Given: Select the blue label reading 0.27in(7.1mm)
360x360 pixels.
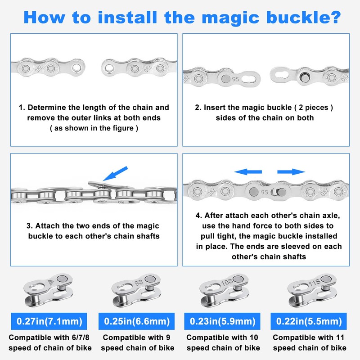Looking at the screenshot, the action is [x=49, y=321].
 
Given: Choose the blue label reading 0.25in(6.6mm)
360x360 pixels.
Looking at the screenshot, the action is [x=136, y=321].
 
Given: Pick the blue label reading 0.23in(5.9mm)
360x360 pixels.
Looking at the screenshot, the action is [x=222, y=321].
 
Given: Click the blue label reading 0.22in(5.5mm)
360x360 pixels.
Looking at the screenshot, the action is [x=309, y=321].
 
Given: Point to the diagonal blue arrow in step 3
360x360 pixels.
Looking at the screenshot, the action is [x=115, y=174].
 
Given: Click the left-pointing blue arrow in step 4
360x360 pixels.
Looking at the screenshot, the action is [x=248, y=172].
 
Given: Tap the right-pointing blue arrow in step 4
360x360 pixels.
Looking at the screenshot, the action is [x=291, y=172].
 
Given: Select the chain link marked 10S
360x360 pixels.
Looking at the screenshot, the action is [x=224, y=290].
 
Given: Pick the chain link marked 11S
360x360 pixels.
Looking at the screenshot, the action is [x=312, y=290].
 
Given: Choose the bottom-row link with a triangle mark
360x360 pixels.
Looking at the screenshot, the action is [x=48, y=290].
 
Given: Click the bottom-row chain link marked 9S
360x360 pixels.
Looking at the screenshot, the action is [x=136, y=290].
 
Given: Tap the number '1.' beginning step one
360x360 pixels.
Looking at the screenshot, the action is [x=22, y=108].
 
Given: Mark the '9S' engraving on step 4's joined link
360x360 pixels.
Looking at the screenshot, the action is [x=264, y=192].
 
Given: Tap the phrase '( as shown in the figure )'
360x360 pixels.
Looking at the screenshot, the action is [x=94, y=128].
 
